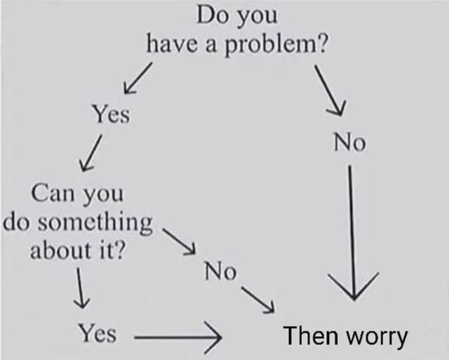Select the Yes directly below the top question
click(111, 114)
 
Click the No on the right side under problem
click(349, 144)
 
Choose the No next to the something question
click(220, 271)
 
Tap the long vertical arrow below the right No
click(351, 232)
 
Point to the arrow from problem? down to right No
click(330, 90)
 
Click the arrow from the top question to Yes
click(138, 77)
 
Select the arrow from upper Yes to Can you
click(92, 154)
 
